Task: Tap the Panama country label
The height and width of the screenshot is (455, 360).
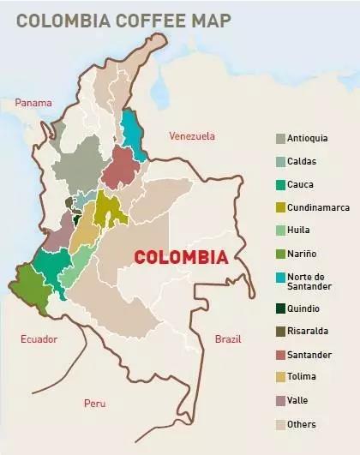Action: coord(33,103)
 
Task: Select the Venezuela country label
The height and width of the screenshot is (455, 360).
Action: coord(191,135)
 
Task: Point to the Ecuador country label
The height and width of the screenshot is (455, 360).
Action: coord(39,338)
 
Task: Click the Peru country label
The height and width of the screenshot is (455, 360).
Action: coord(94,403)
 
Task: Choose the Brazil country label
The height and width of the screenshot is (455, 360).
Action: coord(229,338)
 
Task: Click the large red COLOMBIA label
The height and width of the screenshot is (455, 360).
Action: coord(182,257)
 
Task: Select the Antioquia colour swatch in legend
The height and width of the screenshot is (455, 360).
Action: coord(280,138)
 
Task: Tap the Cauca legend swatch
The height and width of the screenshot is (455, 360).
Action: coord(280,183)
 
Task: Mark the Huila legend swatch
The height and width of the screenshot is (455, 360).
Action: coord(280,230)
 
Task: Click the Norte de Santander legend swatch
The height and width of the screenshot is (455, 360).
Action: coord(280,276)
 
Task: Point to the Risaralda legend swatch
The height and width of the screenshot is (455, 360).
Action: coord(280,332)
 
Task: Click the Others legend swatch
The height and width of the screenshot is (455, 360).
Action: coord(280,423)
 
